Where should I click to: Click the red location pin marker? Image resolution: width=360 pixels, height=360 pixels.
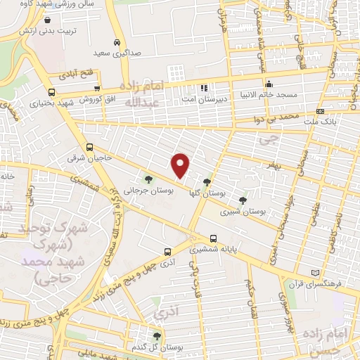(x=181, y=166)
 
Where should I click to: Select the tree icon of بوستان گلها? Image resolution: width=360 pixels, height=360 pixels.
(x=206, y=182)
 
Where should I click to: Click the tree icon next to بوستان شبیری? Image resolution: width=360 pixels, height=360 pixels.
(x=243, y=200)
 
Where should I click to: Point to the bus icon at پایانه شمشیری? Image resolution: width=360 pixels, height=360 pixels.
(x=214, y=238)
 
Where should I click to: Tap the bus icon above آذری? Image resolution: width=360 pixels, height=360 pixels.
(x=167, y=251)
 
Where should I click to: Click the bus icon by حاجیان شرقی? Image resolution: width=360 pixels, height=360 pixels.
(x=89, y=147)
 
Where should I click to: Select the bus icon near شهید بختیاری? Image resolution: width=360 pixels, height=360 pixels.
(x=51, y=92)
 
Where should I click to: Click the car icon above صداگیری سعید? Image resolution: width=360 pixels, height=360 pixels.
(x=117, y=42)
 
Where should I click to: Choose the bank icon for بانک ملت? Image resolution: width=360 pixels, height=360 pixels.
(x=320, y=111)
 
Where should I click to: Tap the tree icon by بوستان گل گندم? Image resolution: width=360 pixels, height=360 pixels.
(x=157, y=336)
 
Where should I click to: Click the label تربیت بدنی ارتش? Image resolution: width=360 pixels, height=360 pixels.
(x=46, y=32)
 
